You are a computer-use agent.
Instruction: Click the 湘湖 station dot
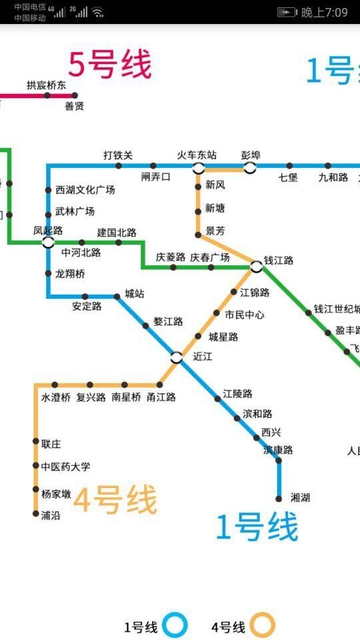(x=279, y=498)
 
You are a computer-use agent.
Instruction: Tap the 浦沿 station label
(x=50, y=515)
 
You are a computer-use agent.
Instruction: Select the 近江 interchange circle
(x=176, y=357)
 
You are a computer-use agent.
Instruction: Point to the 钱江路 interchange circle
(x=257, y=267)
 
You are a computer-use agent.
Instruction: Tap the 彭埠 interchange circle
(x=250, y=167)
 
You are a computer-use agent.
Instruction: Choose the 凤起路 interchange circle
(x=48, y=242)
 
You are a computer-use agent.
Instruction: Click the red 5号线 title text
(x=110, y=65)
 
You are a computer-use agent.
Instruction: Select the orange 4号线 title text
(x=115, y=501)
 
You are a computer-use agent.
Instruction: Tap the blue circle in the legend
(x=176, y=626)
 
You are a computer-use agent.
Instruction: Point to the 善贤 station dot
(x=75, y=95)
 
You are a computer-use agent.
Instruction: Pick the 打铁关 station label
(x=118, y=155)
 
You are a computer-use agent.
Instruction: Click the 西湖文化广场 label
(x=85, y=190)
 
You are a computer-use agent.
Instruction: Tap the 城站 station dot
(x=117, y=296)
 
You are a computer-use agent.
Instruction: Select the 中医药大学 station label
(x=65, y=467)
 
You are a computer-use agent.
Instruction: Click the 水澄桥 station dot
(x=55, y=385)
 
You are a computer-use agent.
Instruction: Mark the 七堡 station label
(x=288, y=177)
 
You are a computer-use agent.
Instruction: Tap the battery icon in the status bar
(x=287, y=12)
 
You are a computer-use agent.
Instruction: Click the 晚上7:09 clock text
(x=324, y=12)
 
